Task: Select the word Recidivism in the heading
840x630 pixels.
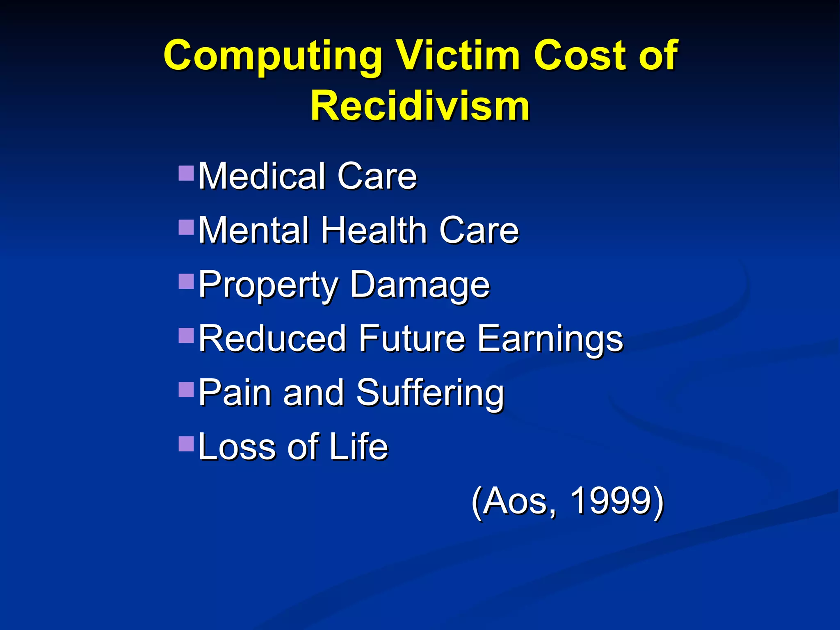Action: pyautogui.click(x=420, y=106)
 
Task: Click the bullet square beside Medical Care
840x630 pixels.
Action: pyautogui.click(x=186, y=173)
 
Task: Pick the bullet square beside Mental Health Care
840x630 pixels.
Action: pyautogui.click(x=186, y=228)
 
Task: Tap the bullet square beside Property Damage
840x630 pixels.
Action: pyautogui.click(x=186, y=282)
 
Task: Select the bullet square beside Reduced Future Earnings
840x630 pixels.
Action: pyautogui.click(x=186, y=336)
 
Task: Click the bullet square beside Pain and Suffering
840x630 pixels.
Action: pyautogui.click(x=186, y=390)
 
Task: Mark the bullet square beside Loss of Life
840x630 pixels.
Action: pyautogui.click(x=186, y=443)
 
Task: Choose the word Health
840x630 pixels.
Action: pyautogui.click(x=374, y=230)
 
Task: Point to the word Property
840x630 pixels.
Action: pyautogui.click(x=268, y=285)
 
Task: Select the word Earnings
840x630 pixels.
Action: pyautogui.click(x=550, y=339)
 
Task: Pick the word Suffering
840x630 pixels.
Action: pyautogui.click(x=430, y=393)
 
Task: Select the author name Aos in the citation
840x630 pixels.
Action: pyautogui.click(x=518, y=501)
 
